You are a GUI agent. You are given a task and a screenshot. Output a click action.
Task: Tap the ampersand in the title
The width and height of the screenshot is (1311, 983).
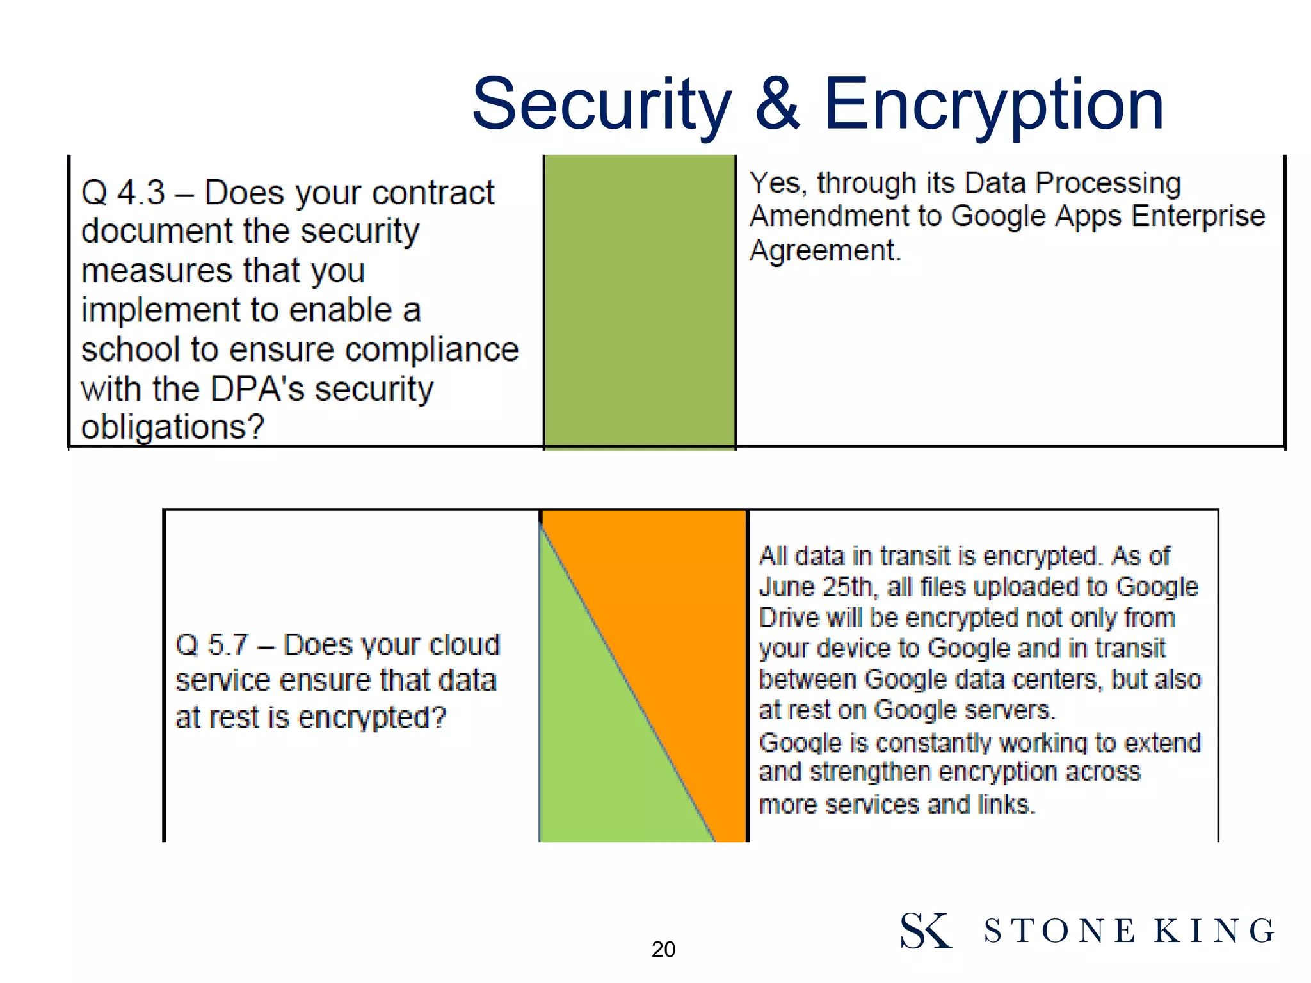(x=777, y=104)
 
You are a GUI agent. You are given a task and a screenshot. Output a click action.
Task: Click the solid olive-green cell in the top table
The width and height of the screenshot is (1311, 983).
(x=639, y=301)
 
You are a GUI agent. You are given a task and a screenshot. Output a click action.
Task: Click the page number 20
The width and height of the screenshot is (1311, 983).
(x=663, y=949)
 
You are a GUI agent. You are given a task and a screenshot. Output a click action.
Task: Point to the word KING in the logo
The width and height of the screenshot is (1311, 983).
(x=1214, y=931)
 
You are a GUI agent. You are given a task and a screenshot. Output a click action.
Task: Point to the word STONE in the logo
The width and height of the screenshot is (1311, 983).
(x=1060, y=931)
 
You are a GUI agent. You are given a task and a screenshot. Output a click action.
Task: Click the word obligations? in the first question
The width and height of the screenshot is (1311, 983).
(x=172, y=428)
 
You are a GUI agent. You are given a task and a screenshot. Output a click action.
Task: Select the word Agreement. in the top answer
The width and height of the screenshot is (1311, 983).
(x=825, y=250)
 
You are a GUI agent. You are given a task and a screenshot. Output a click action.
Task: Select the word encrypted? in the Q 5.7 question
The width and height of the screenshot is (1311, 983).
(x=372, y=718)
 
